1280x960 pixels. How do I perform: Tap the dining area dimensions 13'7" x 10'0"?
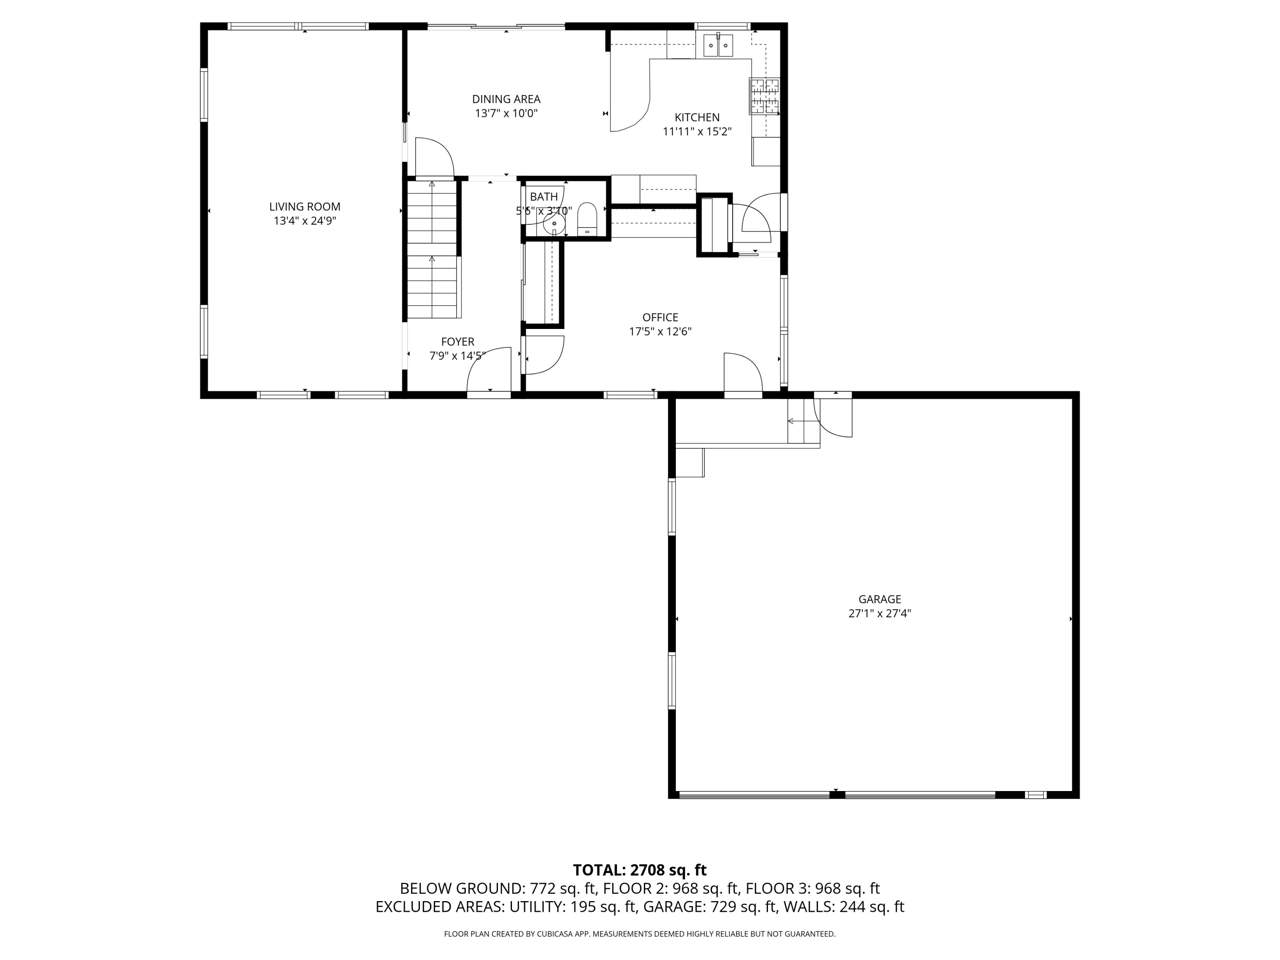(x=506, y=113)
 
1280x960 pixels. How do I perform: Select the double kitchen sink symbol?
(x=718, y=45)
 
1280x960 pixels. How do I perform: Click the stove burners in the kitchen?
(x=765, y=96)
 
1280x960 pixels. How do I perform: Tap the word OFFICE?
(x=660, y=317)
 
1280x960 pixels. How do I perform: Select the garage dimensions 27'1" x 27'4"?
(x=879, y=614)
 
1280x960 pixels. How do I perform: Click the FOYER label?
(x=457, y=341)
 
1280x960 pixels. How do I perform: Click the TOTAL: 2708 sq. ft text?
(x=640, y=870)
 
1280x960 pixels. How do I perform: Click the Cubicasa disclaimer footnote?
(x=640, y=934)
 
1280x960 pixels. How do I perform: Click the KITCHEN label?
(x=697, y=117)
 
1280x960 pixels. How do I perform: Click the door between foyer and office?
(x=543, y=355)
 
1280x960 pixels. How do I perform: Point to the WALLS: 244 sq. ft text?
(x=844, y=907)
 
